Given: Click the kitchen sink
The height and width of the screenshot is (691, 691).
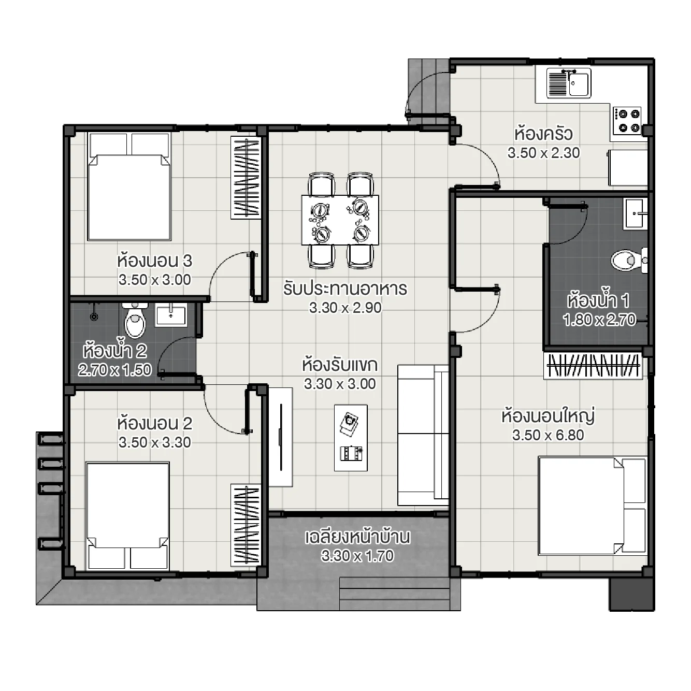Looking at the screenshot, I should (x=568, y=83).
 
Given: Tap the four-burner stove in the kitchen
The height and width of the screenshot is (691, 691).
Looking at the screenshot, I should (x=627, y=121).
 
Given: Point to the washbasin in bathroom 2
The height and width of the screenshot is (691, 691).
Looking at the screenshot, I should (x=171, y=315).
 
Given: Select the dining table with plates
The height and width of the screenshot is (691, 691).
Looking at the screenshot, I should (x=340, y=220).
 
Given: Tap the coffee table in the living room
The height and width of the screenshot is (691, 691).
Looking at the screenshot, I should (x=351, y=438).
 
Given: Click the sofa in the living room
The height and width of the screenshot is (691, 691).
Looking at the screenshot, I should (x=423, y=435).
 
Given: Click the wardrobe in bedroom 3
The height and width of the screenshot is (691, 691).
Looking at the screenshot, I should (x=246, y=178).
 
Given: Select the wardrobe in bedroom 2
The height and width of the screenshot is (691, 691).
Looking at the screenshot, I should (x=246, y=525).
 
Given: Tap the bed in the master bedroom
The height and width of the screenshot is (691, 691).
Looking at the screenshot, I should (x=592, y=505).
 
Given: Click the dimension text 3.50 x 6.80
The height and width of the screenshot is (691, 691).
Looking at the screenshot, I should (x=548, y=435).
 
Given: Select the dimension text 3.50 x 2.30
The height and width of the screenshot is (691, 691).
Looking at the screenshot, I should (x=543, y=153).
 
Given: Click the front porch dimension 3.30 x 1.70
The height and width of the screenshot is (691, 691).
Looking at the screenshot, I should (x=357, y=556).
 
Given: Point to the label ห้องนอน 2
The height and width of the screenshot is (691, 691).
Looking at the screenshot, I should (x=154, y=424).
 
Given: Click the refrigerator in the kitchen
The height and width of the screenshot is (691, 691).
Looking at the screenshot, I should (x=628, y=167).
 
